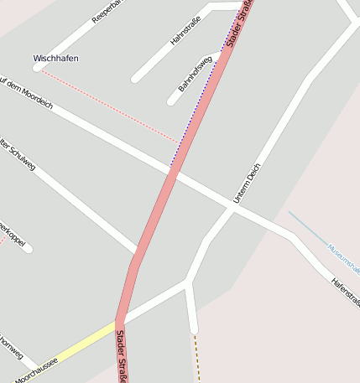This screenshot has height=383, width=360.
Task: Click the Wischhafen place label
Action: point(55,59)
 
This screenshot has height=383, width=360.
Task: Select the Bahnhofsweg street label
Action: point(194,74)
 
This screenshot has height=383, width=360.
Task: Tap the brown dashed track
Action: point(196,357)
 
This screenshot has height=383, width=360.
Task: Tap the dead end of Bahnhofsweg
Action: point(171,101)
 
